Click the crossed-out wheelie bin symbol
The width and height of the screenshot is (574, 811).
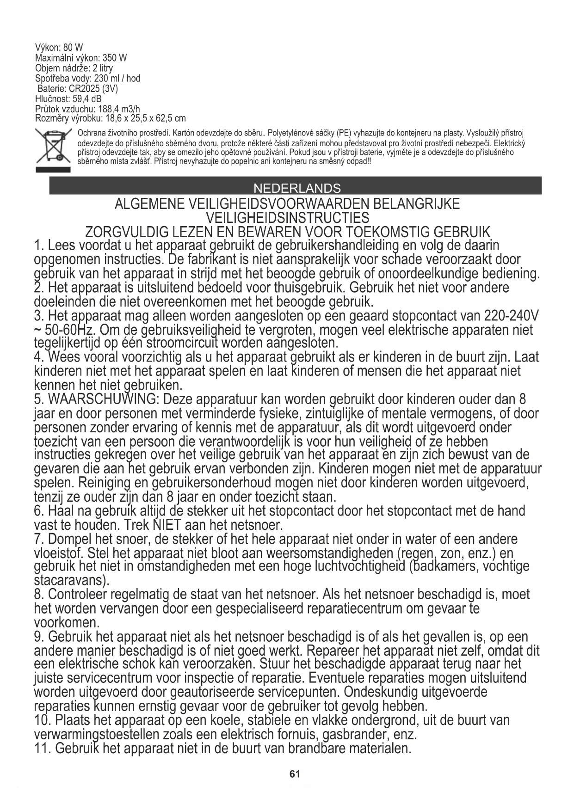[x=53, y=146]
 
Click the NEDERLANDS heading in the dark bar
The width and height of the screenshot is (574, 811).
[x=296, y=189]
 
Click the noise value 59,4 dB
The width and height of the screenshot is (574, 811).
[x=87, y=99]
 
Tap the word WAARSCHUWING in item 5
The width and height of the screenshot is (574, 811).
[x=103, y=399]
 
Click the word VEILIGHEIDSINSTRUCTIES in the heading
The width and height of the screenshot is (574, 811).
[x=287, y=218]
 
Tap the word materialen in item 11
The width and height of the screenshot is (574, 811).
[x=375, y=748]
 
